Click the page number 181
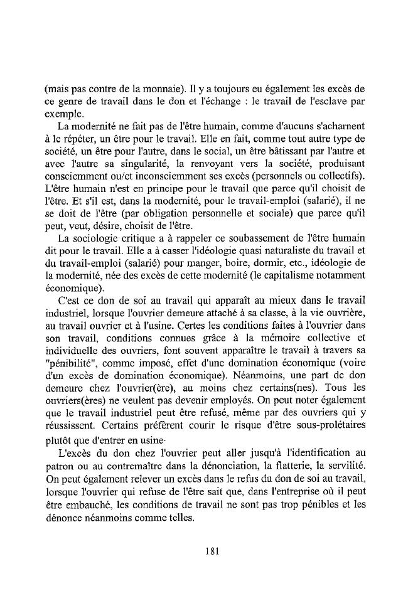[211, 552]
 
